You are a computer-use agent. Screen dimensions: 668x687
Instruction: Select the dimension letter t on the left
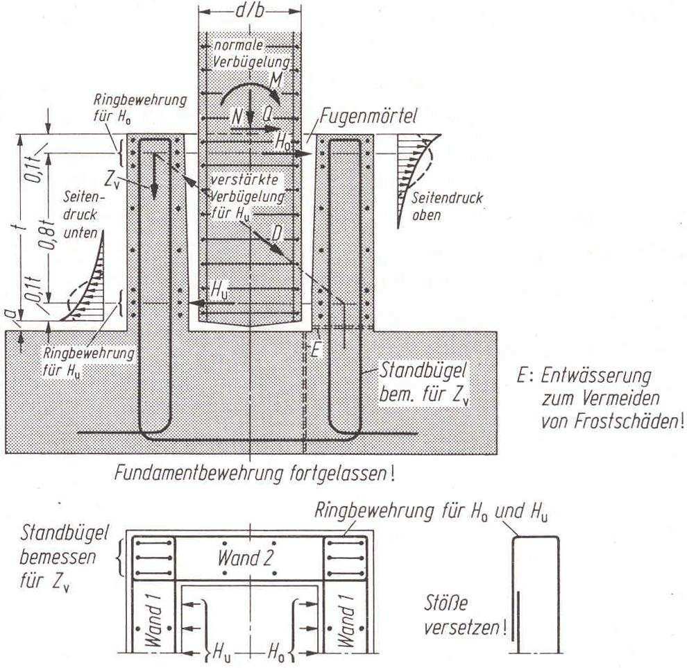click(22, 226)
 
